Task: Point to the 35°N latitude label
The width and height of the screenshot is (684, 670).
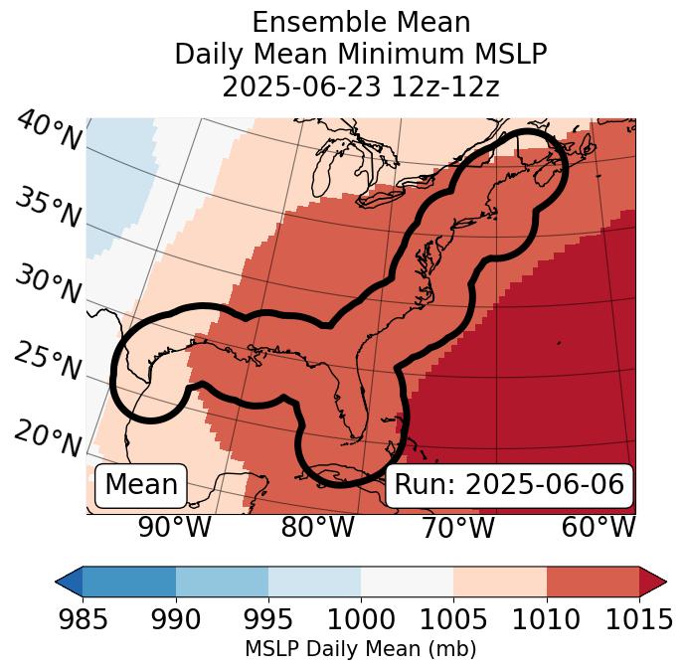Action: click(48, 208)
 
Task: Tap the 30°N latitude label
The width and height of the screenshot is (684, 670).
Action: click(48, 285)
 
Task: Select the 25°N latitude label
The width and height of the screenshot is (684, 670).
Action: click(48, 362)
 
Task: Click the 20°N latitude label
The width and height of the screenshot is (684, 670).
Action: click(48, 438)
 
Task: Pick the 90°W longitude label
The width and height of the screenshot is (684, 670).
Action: click(174, 528)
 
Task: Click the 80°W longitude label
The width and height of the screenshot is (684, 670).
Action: click(317, 528)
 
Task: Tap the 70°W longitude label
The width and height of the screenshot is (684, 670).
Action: click(457, 528)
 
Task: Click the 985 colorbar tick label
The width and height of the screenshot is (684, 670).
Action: click(83, 619)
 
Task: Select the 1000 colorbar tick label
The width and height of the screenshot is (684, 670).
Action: click(361, 619)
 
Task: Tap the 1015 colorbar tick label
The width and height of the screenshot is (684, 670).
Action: click(638, 619)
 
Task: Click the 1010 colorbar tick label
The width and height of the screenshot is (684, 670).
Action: click(546, 619)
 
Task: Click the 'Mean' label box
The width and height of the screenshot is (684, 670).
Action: click(141, 485)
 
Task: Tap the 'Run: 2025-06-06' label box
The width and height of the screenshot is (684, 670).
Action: click(509, 485)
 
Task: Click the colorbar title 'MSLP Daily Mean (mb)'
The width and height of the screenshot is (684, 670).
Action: click(360, 649)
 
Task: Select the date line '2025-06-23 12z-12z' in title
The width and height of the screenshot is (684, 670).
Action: click(360, 86)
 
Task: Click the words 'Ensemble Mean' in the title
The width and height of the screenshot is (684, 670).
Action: click(360, 22)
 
